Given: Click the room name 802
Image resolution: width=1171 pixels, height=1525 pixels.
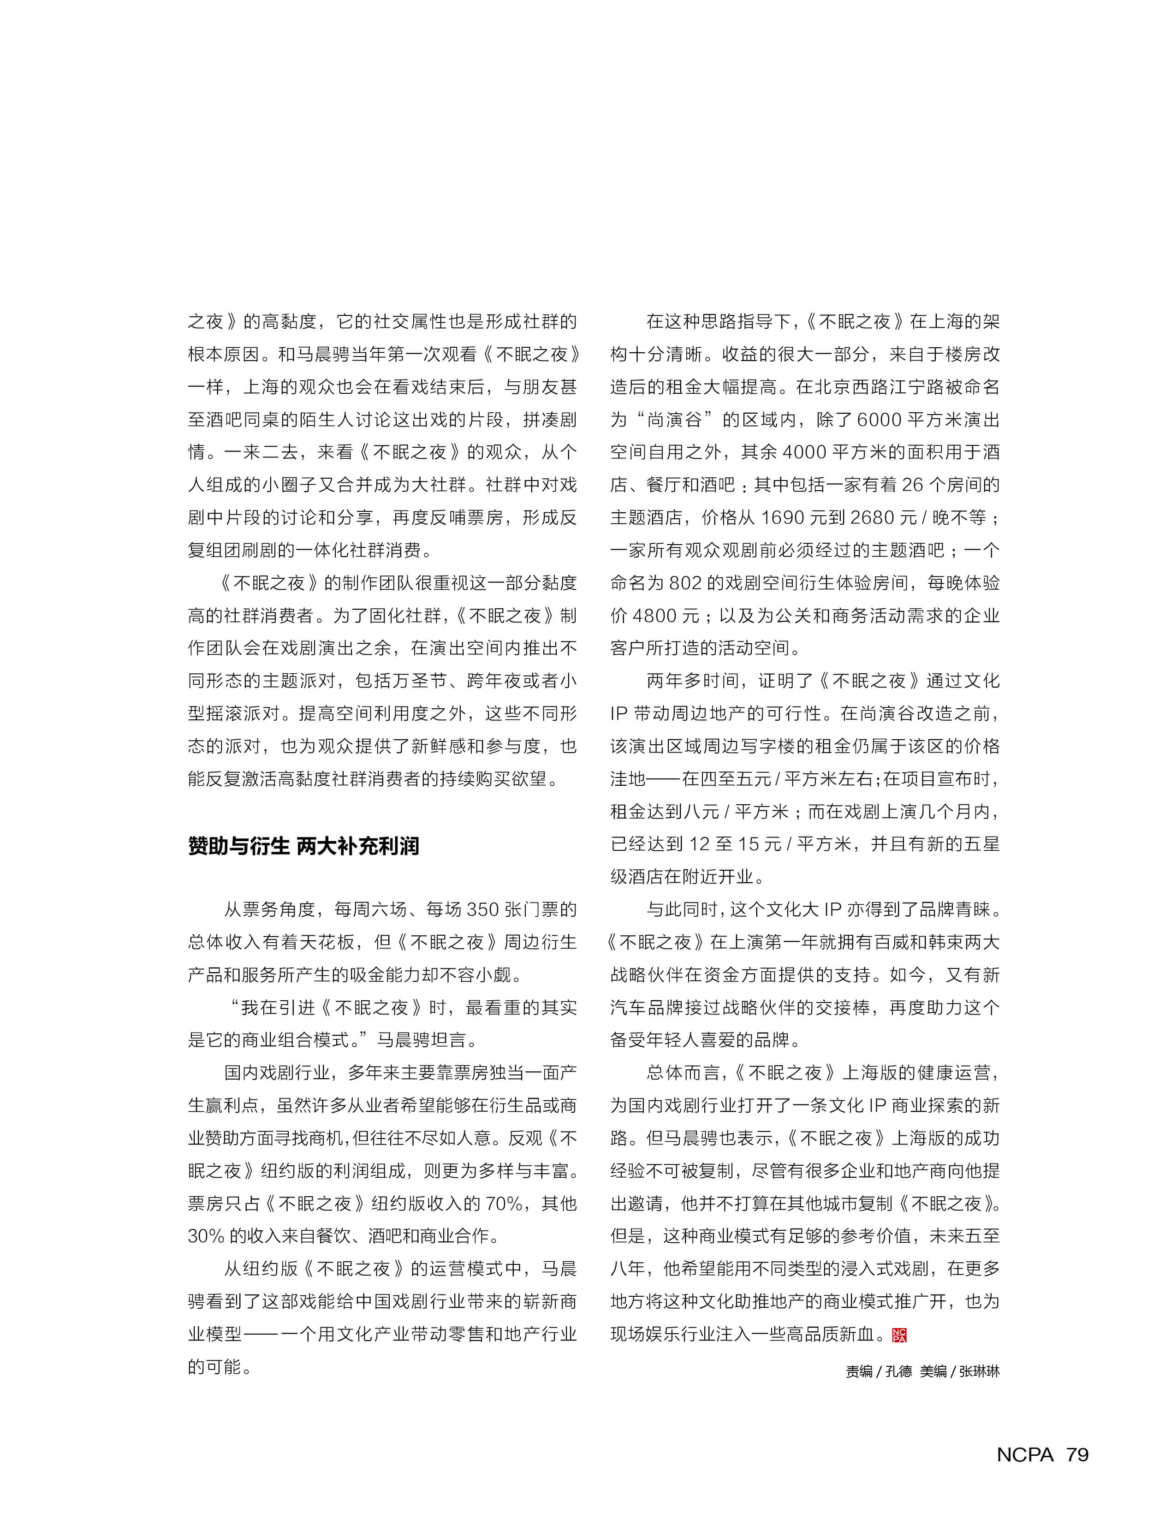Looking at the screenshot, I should click(685, 583).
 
